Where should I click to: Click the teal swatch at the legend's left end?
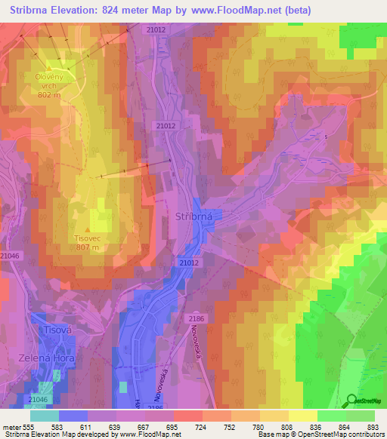pyautogui.click(x=44, y=416)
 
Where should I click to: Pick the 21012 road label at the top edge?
pyautogui.click(x=156, y=29)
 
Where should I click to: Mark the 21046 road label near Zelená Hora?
pyautogui.click(x=37, y=399)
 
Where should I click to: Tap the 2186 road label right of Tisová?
pyautogui.click(x=196, y=320)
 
